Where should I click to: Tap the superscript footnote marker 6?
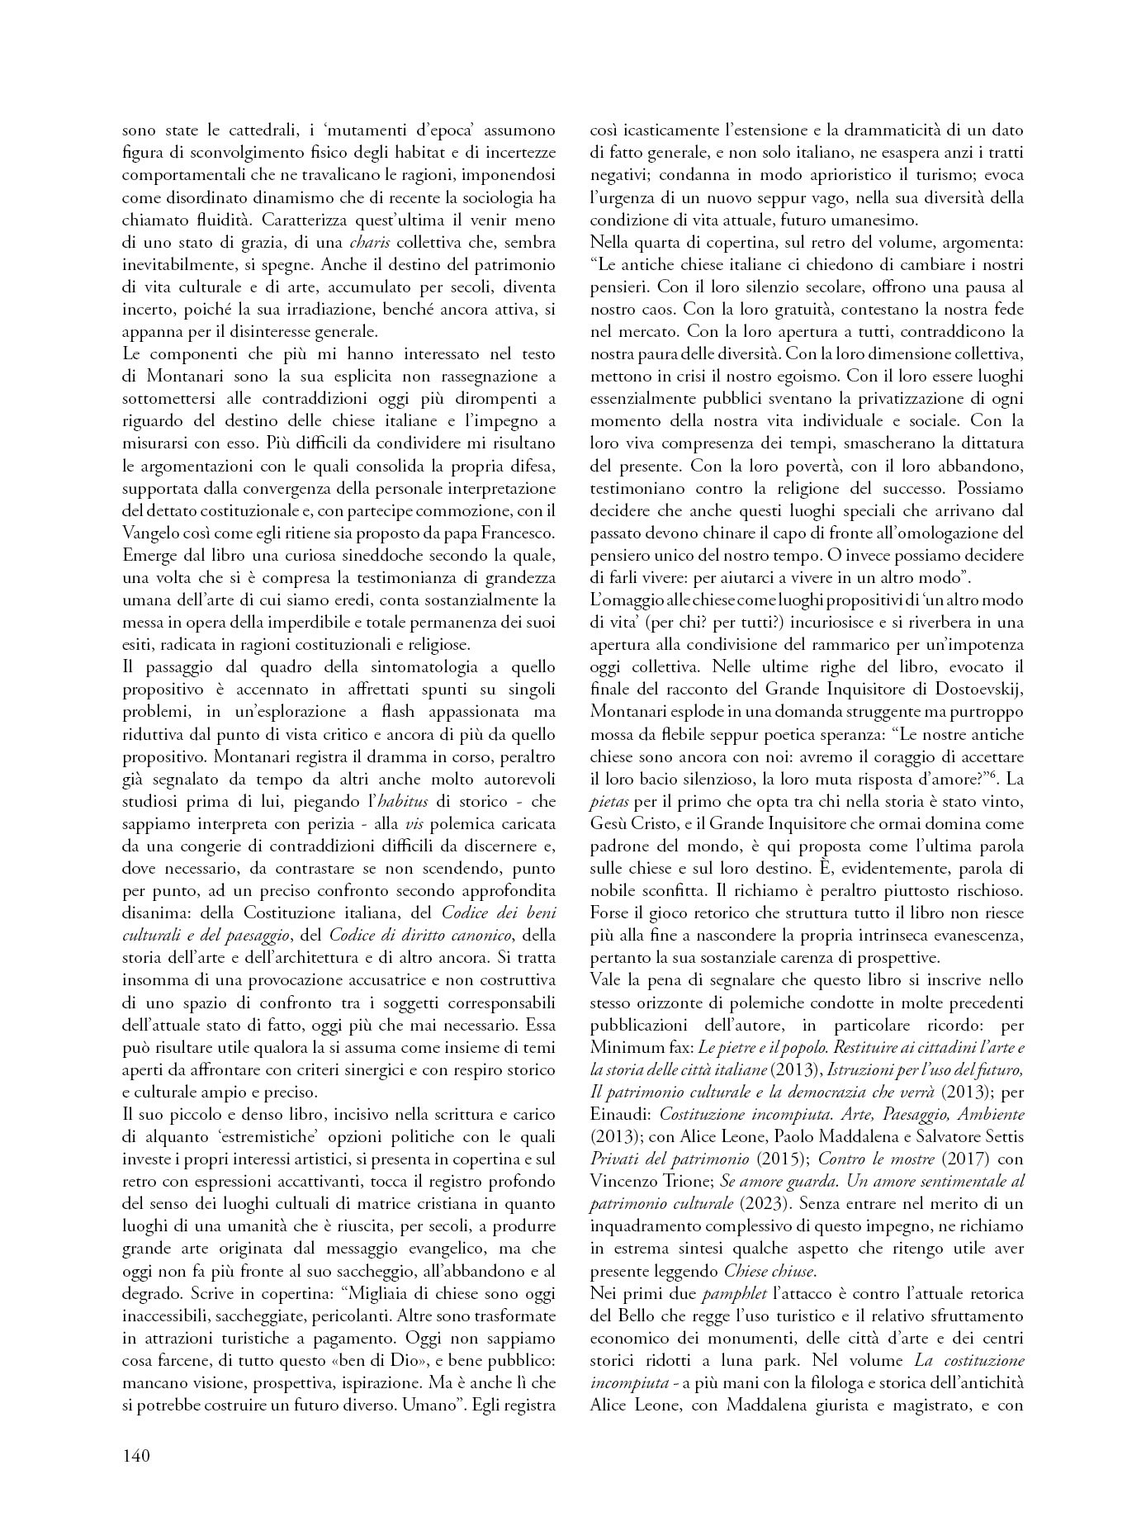(992, 774)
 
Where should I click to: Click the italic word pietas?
(609, 801)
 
